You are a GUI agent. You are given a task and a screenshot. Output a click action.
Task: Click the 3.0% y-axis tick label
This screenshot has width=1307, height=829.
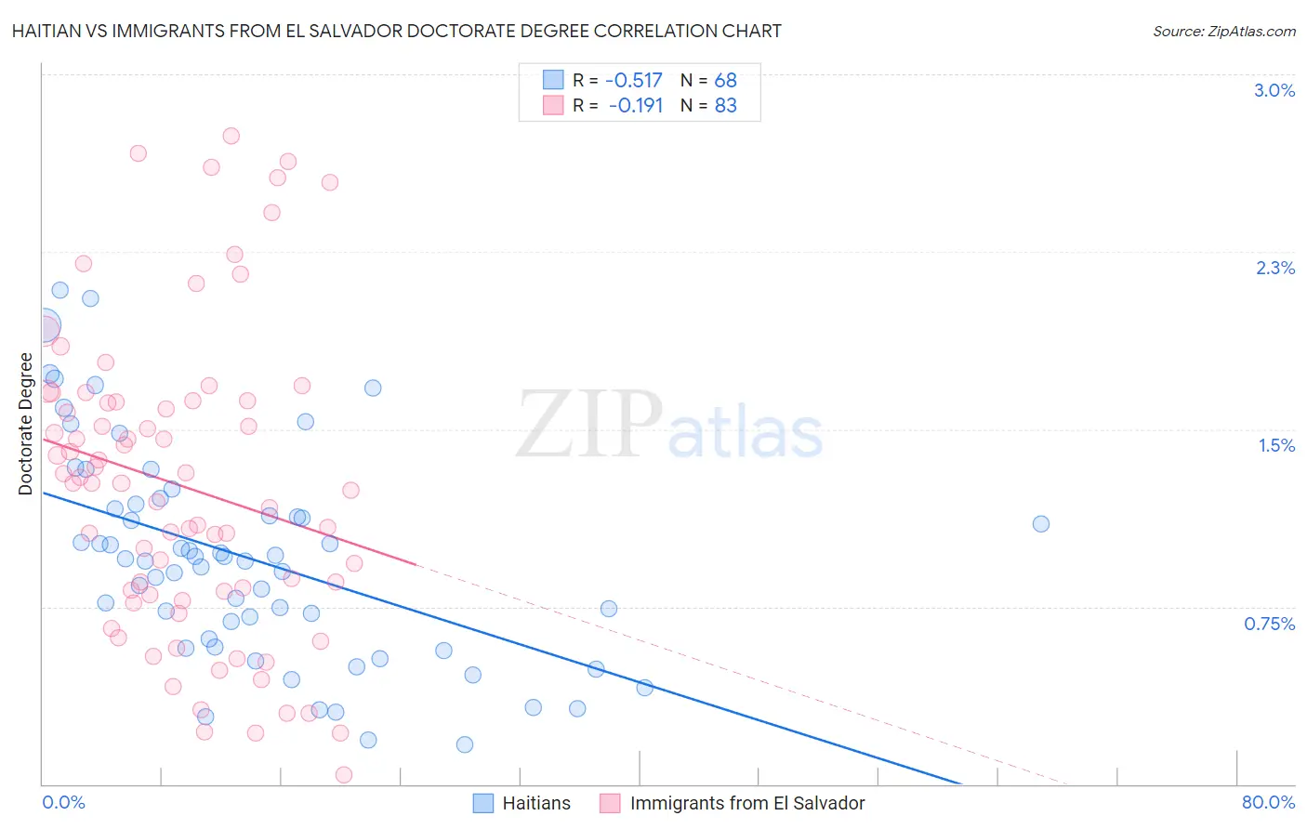(x=1274, y=90)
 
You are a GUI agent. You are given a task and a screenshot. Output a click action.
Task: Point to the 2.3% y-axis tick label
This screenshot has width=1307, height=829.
(x=1275, y=268)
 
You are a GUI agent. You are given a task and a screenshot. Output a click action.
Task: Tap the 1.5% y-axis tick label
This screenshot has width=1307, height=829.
(x=1276, y=445)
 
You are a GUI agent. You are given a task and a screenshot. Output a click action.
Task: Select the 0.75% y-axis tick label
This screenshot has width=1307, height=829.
(x=1269, y=624)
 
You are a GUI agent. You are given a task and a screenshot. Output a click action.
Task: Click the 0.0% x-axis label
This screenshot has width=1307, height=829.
(x=63, y=802)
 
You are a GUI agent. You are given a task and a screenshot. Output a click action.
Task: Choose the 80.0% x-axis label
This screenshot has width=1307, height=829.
(x=1268, y=802)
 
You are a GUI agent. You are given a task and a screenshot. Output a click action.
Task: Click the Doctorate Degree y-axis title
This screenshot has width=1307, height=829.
(x=26, y=424)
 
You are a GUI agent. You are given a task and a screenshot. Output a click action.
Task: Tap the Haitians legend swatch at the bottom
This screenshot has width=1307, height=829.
(x=483, y=803)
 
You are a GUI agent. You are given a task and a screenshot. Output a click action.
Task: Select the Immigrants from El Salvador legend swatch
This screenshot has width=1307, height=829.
(x=610, y=803)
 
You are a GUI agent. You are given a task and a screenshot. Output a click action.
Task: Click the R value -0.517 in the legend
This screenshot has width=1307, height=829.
(x=634, y=80)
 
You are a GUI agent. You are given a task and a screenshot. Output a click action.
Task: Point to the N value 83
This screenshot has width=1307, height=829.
(x=725, y=106)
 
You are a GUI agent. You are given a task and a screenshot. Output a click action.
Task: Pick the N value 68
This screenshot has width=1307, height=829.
(x=725, y=80)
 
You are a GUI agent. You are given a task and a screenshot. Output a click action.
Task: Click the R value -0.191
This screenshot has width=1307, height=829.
(x=636, y=106)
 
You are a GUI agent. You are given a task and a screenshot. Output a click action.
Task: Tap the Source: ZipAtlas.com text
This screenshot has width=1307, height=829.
(x=1223, y=31)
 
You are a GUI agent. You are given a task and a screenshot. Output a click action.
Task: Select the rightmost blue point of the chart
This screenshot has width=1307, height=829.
(x=1041, y=524)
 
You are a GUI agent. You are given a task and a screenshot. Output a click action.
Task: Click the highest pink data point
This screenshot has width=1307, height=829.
(x=231, y=136)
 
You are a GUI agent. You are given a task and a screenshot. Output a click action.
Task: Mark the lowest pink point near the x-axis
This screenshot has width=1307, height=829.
(x=343, y=775)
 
